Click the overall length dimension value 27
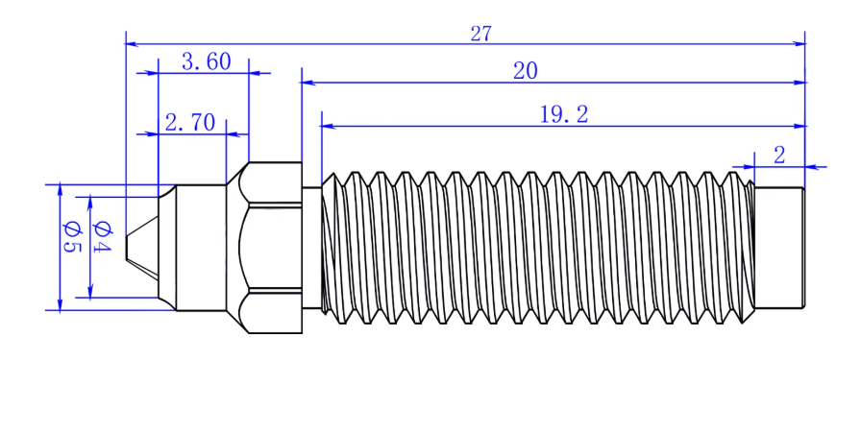tap(480, 34)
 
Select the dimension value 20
tap(526, 70)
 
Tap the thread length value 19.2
tap(563, 115)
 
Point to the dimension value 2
tap(779, 156)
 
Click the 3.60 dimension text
tap(206, 62)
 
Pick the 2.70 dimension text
tap(189, 123)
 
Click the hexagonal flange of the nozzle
tap(274, 247)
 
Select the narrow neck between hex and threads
tap(311, 247)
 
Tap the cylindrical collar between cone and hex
tap(201, 247)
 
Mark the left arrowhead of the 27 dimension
tap(133, 43)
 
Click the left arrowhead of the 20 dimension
tap(307, 83)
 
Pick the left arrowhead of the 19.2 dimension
tap(328, 126)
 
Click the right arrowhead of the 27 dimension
tap(799, 43)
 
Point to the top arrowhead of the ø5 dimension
tap(60, 189)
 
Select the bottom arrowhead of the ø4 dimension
tap(91, 292)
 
